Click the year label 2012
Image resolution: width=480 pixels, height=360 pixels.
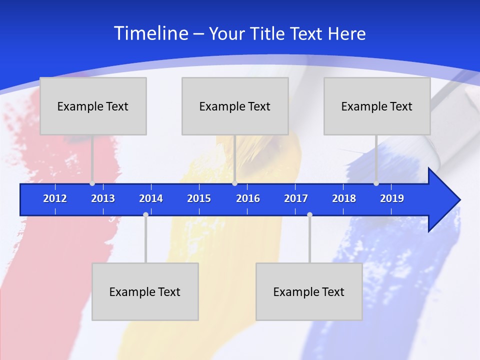55,198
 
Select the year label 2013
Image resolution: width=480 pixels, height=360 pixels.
103,198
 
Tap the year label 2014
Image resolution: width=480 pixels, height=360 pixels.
151,198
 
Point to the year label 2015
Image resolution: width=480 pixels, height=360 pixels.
199,198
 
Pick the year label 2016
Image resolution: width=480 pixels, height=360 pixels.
248,198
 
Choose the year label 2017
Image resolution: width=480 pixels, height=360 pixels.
296,198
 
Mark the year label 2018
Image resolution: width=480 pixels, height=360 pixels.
344,198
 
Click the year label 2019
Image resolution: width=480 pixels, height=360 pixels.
392,198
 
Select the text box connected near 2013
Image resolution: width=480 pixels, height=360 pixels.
93,106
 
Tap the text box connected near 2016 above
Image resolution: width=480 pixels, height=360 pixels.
235,106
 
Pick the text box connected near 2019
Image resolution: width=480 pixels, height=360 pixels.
377,106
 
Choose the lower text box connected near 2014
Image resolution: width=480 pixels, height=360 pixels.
145,291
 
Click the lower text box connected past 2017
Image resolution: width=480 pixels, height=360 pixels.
309,291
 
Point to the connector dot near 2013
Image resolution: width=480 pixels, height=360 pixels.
92,183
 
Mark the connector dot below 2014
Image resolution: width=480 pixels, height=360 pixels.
145,215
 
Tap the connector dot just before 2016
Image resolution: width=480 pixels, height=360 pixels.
234,183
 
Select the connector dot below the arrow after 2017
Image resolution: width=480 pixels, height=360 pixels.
309,215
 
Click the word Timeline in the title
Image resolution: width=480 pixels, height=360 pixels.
151,33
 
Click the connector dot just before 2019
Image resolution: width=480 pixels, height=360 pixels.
376,183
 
